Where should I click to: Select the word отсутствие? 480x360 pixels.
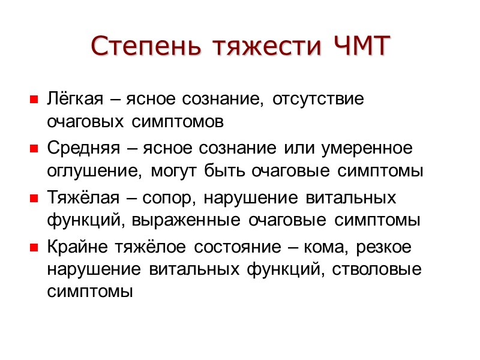(x=319, y=98)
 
